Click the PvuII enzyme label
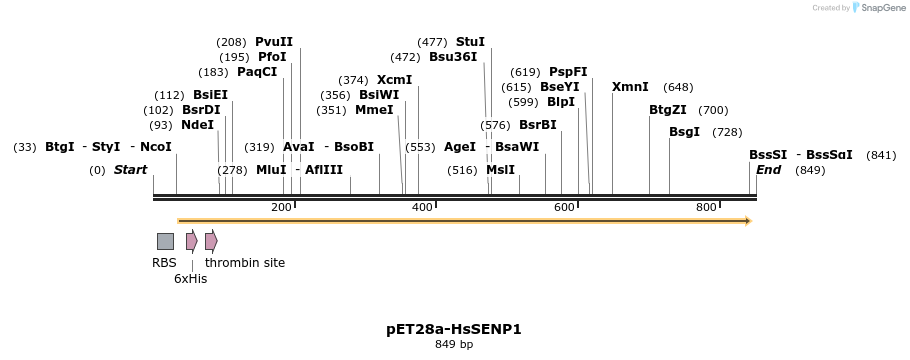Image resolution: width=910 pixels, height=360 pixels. click(274, 42)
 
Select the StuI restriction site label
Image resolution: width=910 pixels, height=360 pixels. click(470, 42)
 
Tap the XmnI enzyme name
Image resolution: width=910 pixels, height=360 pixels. click(630, 87)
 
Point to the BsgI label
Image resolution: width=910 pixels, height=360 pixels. click(684, 132)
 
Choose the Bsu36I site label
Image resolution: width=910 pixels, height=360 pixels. click(453, 57)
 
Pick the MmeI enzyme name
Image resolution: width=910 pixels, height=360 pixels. click(374, 110)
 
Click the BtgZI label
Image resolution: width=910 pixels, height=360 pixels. click(668, 110)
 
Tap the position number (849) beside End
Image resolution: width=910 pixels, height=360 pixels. click(810, 170)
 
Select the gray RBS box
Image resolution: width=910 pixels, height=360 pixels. click(165, 241)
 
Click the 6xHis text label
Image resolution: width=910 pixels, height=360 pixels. click(190, 279)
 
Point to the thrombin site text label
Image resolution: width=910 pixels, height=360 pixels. click(245, 263)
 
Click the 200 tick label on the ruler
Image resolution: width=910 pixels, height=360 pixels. click(281, 207)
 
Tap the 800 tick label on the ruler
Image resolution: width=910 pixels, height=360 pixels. click(706, 207)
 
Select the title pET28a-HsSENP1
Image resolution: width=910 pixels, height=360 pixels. click(454, 329)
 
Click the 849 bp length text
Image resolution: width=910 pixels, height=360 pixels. click(454, 345)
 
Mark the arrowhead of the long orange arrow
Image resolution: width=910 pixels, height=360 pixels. click(747, 221)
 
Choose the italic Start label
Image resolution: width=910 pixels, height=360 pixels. click(130, 170)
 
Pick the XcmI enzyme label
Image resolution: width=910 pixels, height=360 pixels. click(394, 80)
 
